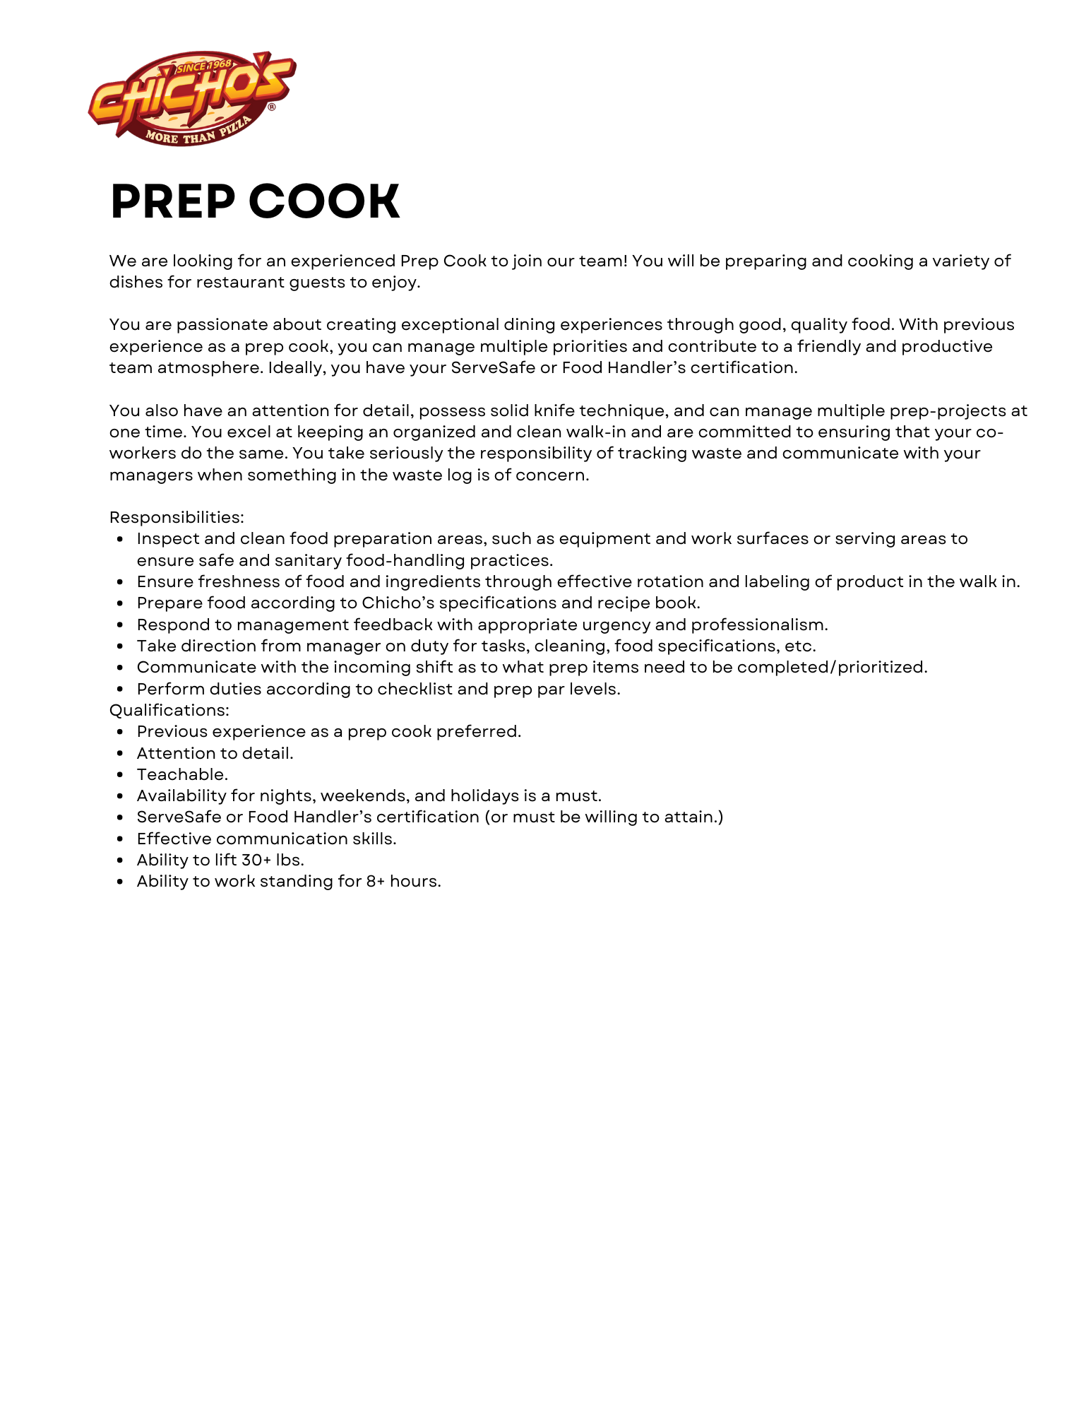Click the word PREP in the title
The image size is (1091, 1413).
[172, 202]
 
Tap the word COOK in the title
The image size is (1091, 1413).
[324, 202]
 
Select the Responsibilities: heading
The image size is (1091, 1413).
[177, 517]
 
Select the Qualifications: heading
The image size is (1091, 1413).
[169, 710]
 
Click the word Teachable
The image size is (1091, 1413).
[182, 774]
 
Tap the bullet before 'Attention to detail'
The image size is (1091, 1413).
[121, 754]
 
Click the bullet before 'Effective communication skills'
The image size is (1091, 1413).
[121, 839]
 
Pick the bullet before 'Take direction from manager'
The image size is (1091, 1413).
[121, 646]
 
